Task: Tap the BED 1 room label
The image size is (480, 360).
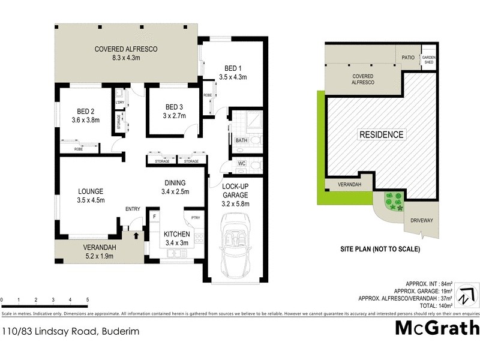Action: [233, 68]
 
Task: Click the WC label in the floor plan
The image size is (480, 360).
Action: [242, 163]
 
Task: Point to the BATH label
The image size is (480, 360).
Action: [242, 140]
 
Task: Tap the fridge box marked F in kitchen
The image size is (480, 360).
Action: [155, 216]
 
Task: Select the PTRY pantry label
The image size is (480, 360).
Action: [195, 218]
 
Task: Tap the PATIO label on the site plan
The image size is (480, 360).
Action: [409, 58]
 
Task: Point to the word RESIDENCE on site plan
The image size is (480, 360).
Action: [382, 134]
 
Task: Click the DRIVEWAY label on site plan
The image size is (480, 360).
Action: [422, 221]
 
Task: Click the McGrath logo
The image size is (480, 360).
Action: [437, 329]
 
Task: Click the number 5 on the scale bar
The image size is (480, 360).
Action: [88, 299]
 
